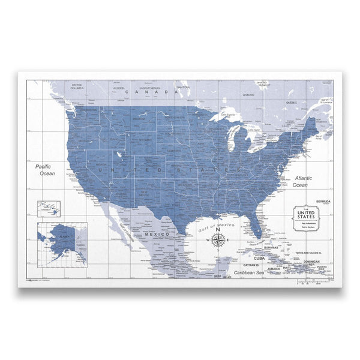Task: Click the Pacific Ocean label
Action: point(45,169)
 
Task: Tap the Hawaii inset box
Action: point(51,209)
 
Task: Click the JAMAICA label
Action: point(275,268)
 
